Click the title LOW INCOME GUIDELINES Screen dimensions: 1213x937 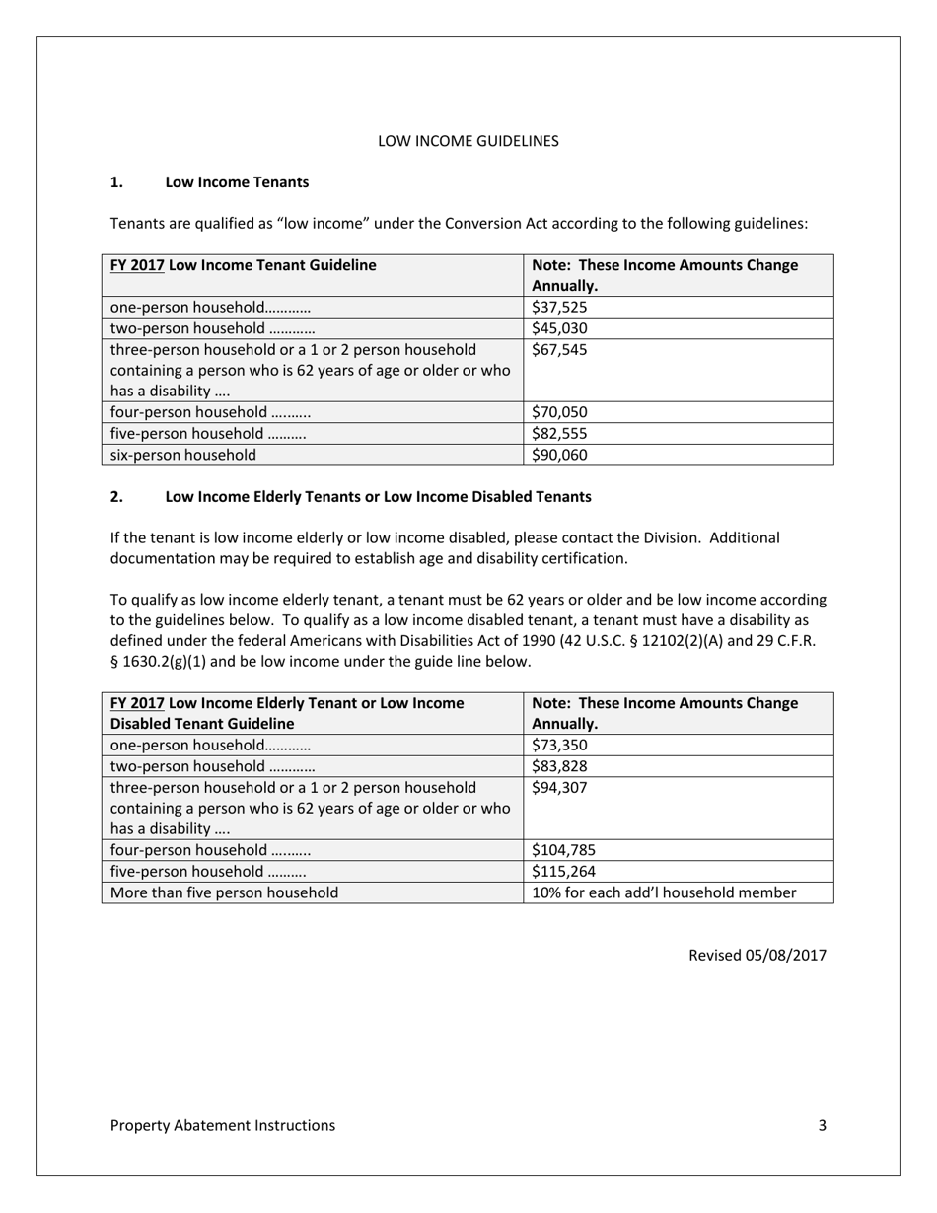click(468, 141)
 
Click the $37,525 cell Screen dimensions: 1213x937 click(559, 307)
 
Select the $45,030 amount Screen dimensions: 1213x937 click(559, 328)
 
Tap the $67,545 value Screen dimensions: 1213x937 click(559, 350)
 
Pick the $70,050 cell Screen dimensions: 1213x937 click(559, 412)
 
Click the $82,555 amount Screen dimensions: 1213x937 click(559, 434)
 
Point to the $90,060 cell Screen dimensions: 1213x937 click(559, 455)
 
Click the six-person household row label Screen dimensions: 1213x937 click(183, 455)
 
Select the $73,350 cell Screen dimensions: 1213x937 click(559, 745)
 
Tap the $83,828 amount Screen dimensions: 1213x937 click(559, 766)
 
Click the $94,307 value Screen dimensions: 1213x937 click(559, 788)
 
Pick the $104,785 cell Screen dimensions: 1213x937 click(563, 850)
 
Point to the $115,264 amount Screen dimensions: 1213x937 click(563, 872)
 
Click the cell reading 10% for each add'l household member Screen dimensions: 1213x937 click(663, 892)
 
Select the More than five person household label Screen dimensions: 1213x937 click(224, 892)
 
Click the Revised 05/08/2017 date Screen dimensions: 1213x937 click(757, 955)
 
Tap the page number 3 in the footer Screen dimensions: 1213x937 click(822, 1125)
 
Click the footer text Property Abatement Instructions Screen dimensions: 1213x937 click(222, 1125)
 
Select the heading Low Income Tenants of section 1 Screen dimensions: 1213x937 click(237, 182)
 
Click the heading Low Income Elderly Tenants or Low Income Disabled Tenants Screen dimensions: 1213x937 click(378, 496)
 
